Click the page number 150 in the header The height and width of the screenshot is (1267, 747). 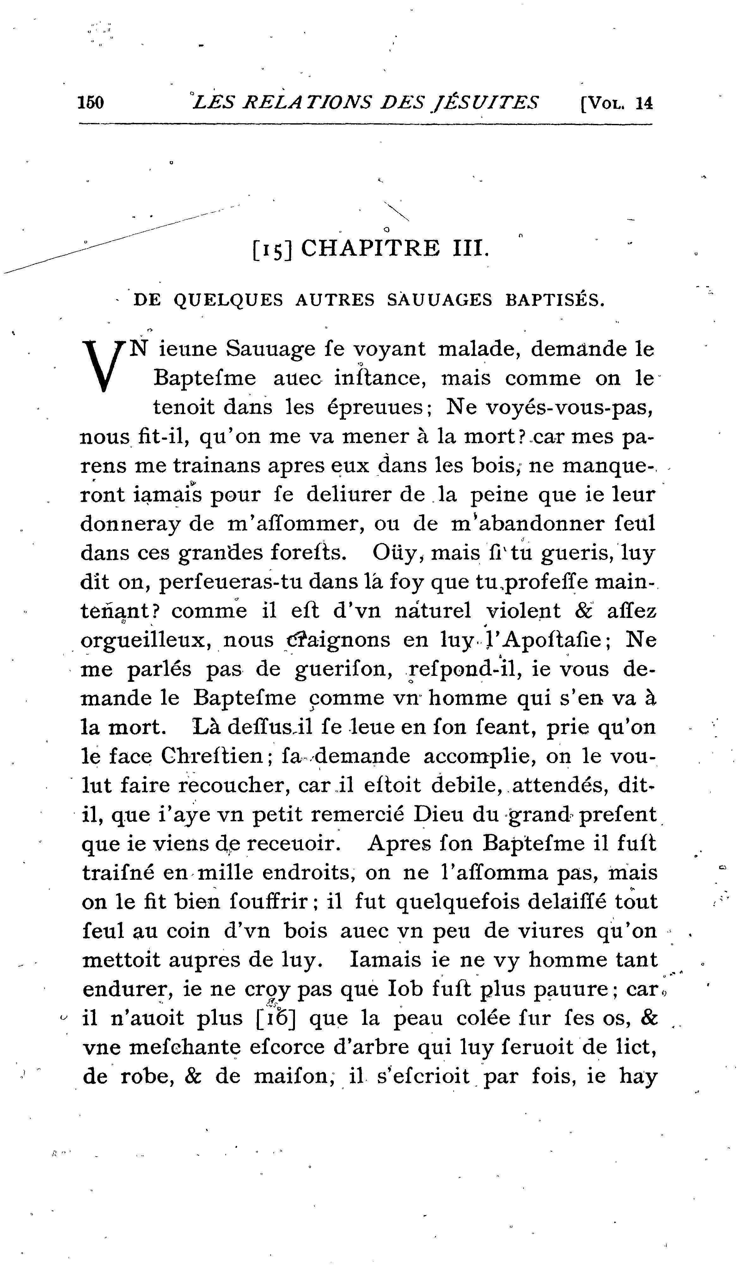point(91,103)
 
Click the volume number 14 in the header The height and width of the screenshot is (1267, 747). point(644,103)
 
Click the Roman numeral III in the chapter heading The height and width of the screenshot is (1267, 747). point(470,248)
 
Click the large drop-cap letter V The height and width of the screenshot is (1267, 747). point(104,365)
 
